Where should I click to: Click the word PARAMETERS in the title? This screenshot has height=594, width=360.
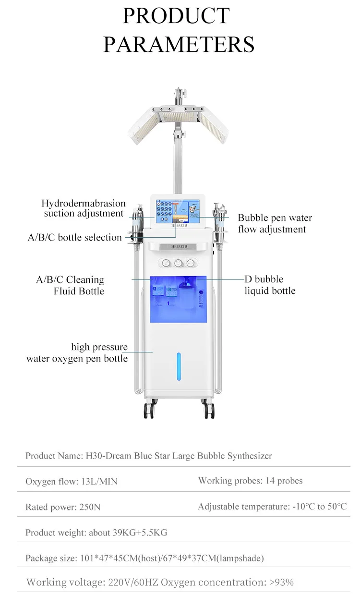[x=179, y=44]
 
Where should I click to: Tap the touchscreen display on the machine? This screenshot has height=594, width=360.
[x=178, y=211]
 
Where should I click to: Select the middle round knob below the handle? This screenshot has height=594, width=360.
[x=178, y=263]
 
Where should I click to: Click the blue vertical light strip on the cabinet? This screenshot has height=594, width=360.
[x=179, y=366]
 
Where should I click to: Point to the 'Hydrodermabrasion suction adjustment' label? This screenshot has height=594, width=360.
[x=84, y=208]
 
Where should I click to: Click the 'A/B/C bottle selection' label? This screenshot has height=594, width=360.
[x=74, y=237]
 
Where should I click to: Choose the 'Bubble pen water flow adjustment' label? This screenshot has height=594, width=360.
[x=275, y=223]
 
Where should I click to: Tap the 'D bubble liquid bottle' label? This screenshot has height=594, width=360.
[x=270, y=285]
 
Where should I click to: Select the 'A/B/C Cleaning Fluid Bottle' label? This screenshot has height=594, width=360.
[x=70, y=285]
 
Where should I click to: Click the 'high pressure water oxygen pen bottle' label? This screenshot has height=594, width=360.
[x=77, y=352]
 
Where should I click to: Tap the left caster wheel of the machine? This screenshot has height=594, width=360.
[x=148, y=410]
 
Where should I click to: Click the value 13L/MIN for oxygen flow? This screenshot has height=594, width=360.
[x=99, y=481]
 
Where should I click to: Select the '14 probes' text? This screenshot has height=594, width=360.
[x=284, y=481]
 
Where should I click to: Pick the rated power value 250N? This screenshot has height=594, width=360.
[x=90, y=507]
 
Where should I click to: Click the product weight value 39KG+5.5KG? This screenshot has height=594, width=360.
[x=140, y=533]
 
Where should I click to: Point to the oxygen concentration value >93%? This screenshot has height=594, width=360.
[x=282, y=582]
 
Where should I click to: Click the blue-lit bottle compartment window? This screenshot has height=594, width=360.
[x=179, y=299]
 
